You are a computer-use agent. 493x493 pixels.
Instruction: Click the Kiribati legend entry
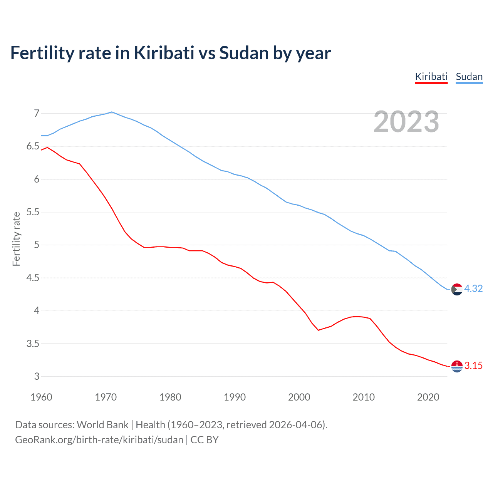pyautogui.click(x=431, y=77)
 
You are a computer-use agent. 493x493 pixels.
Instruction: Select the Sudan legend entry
pyautogui.click(x=469, y=77)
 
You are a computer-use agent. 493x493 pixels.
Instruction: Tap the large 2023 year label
pyautogui.click(x=406, y=122)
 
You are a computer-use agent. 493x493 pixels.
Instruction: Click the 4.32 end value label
pyautogui.click(x=473, y=288)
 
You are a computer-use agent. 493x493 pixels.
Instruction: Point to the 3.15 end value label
pyautogui.click(x=473, y=366)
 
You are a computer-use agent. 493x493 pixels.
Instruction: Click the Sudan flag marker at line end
pyautogui.click(x=457, y=289)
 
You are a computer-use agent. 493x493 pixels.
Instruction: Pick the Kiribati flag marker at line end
pyautogui.click(x=457, y=366)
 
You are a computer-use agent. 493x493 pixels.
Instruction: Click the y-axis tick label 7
pyautogui.click(x=37, y=113)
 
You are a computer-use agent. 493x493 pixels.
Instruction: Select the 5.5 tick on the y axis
pyautogui.click(x=33, y=212)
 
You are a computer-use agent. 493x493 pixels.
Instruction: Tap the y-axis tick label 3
pyautogui.click(x=37, y=376)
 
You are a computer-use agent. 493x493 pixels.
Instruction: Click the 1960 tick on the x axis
pyautogui.click(x=41, y=397)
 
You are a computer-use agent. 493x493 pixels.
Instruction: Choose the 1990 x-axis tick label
pyautogui.click(x=235, y=397)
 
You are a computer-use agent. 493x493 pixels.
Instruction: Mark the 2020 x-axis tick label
pyautogui.click(x=428, y=397)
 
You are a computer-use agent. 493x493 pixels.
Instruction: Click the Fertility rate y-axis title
pyautogui.click(x=16, y=239)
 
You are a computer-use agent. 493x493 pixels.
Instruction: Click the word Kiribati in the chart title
pyautogui.click(x=164, y=53)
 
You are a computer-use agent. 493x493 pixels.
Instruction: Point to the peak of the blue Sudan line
pyautogui.click(x=112, y=112)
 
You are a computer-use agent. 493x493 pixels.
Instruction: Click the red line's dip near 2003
pyautogui.click(x=318, y=330)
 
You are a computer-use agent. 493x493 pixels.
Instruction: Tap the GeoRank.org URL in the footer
pyautogui.click(x=99, y=440)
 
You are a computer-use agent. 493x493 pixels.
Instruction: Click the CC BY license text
pyautogui.click(x=205, y=440)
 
